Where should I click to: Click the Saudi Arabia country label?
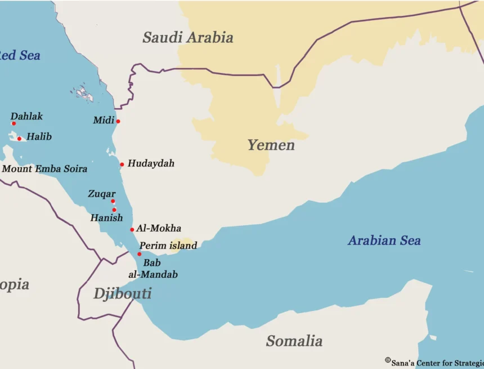pyautogui.click(x=187, y=38)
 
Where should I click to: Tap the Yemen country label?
pyautogui.click(x=271, y=145)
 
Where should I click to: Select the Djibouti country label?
pyautogui.click(x=122, y=294)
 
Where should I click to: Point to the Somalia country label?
pyautogui.click(x=294, y=341)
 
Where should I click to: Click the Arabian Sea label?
pyautogui.click(x=384, y=241)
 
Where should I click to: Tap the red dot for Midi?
pyautogui.click(x=118, y=121)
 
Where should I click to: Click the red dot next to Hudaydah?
pyautogui.click(x=122, y=165)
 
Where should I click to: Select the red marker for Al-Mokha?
pyautogui.click(x=132, y=229)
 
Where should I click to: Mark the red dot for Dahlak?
pyautogui.click(x=14, y=123)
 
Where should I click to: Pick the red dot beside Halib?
pyautogui.click(x=19, y=139)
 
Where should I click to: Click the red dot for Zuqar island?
pyautogui.click(x=113, y=201)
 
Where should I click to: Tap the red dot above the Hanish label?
pyautogui.click(x=114, y=210)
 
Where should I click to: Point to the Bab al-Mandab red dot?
pyautogui.click(x=140, y=254)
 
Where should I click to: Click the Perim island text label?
pyautogui.click(x=168, y=246)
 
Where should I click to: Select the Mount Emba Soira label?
pyautogui.click(x=45, y=168)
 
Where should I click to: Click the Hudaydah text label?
pyautogui.click(x=151, y=163)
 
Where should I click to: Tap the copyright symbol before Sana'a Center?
pyautogui.click(x=388, y=360)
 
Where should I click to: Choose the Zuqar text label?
pyautogui.click(x=101, y=194)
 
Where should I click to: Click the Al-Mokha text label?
pyautogui.click(x=159, y=228)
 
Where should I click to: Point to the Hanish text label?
pyautogui.click(x=106, y=218)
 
